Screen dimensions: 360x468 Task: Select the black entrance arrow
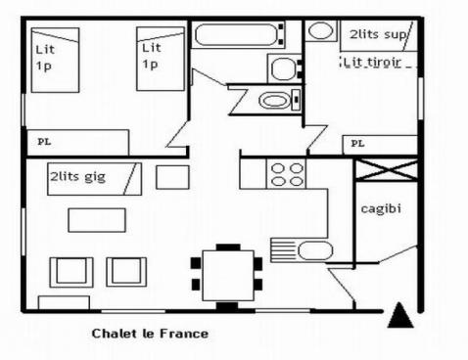click(398, 315)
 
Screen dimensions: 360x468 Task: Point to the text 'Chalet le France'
click(150, 334)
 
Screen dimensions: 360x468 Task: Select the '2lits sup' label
click(377, 33)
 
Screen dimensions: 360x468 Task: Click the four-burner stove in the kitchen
click(287, 174)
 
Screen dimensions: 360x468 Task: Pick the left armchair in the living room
click(71, 271)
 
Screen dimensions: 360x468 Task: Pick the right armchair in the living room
click(126, 271)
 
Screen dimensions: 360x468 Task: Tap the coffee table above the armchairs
click(97, 220)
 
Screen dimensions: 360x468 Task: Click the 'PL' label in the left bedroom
click(44, 142)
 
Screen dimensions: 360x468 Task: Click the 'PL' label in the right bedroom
click(357, 143)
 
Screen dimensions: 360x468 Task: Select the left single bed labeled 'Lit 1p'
click(55, 59)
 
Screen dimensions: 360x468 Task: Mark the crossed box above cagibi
click(385, 168)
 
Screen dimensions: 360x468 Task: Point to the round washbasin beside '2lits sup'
click(320, 30)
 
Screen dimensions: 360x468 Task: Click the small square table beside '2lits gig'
click(172, 178)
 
